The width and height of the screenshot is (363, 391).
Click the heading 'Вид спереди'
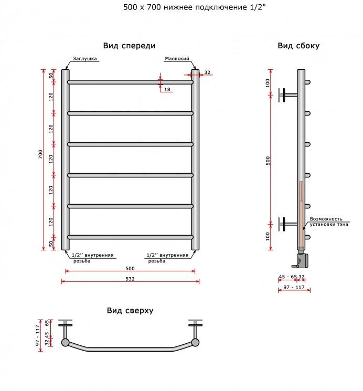click(x=129, y=46)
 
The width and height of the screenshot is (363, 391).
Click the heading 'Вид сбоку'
click(x=298, y=46)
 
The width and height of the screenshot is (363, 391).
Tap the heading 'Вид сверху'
click(x=130, y=311)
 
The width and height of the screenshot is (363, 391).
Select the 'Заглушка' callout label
click(x=85, y=59)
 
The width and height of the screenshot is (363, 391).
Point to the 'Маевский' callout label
click(x=177, y=59)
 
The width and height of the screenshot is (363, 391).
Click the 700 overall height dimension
click(x=40, y=155)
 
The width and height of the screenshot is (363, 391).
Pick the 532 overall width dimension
click(x=130, y=279)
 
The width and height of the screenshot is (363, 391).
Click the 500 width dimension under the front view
click(x=130, y=268)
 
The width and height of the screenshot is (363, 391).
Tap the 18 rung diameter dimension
click(x=167, y=89)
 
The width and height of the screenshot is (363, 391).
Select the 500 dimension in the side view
click(x=268, y=161)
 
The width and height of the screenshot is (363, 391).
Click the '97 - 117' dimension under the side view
click(x=294, y=287)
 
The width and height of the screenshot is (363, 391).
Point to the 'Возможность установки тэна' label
click(x=329, y=221)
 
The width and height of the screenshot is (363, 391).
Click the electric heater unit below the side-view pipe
click(x=302, y=260)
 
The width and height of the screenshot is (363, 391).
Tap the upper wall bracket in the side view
click(x=287, y=95)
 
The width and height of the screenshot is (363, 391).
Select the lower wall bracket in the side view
click(x=287, y=224)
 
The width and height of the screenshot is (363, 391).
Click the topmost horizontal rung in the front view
click(x=130, y=82)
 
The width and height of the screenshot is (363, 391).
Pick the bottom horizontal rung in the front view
click(x=130, y=237)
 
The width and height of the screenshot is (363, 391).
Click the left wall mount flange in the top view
click(x=66, y=322)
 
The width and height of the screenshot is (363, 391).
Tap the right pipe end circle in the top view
click(x=195, y=342)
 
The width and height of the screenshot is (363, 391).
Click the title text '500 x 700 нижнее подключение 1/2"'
click(x=195, y=7)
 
